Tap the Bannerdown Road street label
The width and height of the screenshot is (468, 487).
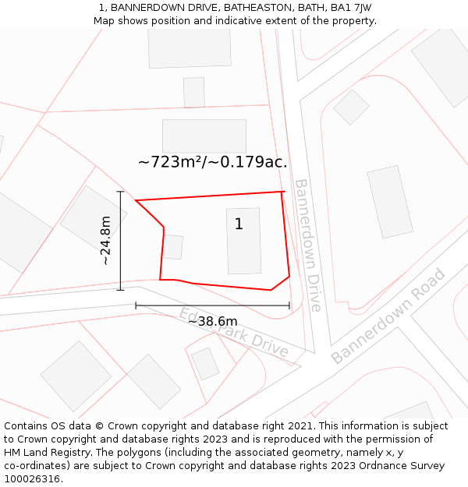pyautogui.click(x=388, y=316)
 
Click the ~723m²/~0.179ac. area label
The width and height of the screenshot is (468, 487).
pyautogui.click(x=212, y=163)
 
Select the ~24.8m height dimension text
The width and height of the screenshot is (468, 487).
pyautogui.click(x=105, y=241)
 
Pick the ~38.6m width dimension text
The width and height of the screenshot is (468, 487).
pyautogui.click(x=212, y=321)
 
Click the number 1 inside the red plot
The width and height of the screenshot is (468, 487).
pyautogui.click(x=239, y=224)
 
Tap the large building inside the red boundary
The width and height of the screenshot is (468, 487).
pyautogui.click(x=244, y=241)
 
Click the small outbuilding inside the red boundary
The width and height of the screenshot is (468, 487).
pyautogui.click(x=172, y=247)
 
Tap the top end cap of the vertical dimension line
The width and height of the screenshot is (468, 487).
pyautogui.click(x=121, y=192)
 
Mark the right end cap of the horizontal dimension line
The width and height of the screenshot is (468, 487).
pyautogui.click(x=289, y=305)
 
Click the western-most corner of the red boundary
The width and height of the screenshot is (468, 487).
pyautogui.click(x=136, y=201)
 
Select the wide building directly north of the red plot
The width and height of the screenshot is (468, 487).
pyautogui.click(x=204, y=136)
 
